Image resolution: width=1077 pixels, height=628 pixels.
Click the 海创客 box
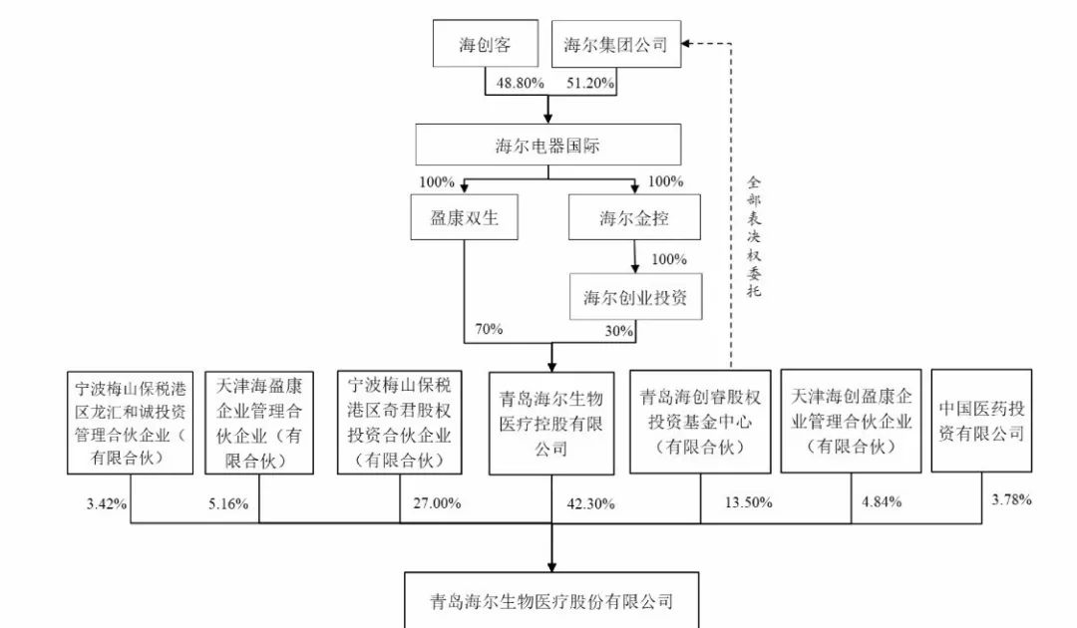pyautogui.click(x=485, y=43)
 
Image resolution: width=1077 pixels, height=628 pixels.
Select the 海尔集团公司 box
pyautogui.click(x=616, y=44)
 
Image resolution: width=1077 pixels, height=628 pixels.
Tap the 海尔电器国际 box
pyautogui.click(x=548, y=145)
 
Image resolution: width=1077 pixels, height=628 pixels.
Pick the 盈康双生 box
pyautogui.click(x=465, y=217)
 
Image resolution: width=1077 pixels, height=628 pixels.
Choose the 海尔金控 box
pyautogui.click(x=634, y=217)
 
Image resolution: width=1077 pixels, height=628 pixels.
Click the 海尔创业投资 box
pyautogui.click(x=635, y=296)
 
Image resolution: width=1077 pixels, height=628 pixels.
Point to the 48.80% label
pyautogui.click(x=520, y=83)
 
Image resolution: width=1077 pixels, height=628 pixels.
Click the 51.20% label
pyautogui.click(x=590, y=83)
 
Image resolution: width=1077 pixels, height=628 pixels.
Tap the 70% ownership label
pyautogui.click(x=489, y=329)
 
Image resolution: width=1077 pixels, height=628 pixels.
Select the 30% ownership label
pyautogui.click(x=619, y=331)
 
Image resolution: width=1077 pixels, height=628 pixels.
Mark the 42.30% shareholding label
pyautogui.click(x=590, y=503)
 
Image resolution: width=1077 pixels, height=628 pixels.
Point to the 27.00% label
pyautogui.click(x=437, y=503)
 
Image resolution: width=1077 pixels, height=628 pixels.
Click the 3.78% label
pyautogui.click(x=1012, y=499)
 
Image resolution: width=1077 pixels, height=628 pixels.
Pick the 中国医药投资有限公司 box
pyautogui.click(x=981, y=421)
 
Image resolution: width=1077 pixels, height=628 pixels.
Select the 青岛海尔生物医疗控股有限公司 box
pyautogui.click(x=551, y=424)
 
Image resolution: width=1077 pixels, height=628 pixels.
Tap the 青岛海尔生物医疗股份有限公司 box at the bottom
pyautogui.click(x=551, y=600)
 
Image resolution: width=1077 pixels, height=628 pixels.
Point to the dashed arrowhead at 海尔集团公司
pyautogui.click(x=685, y=44)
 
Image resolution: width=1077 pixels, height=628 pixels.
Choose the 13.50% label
pyautogui.click(x=749, y=502)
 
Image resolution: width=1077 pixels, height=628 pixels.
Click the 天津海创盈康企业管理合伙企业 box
pyautogui.click(x=851, y=421)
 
